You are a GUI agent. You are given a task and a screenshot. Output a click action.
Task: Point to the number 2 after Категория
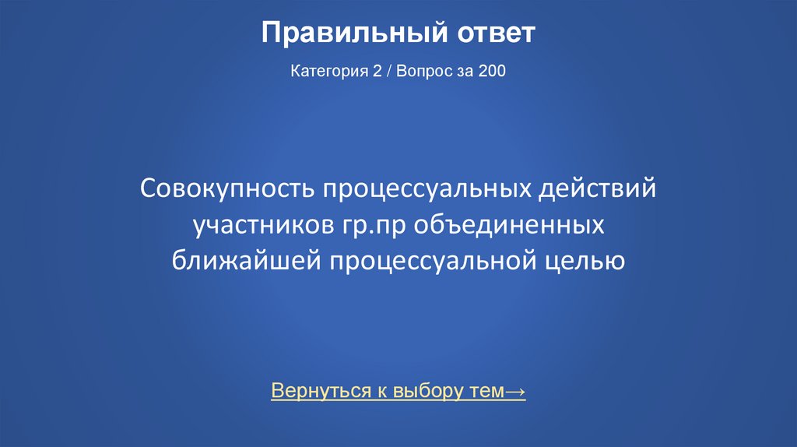click(x=377, y=72)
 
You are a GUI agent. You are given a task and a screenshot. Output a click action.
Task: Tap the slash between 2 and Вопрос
click(x=389, y=72)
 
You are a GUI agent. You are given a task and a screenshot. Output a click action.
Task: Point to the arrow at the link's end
click(x=514, y=392)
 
